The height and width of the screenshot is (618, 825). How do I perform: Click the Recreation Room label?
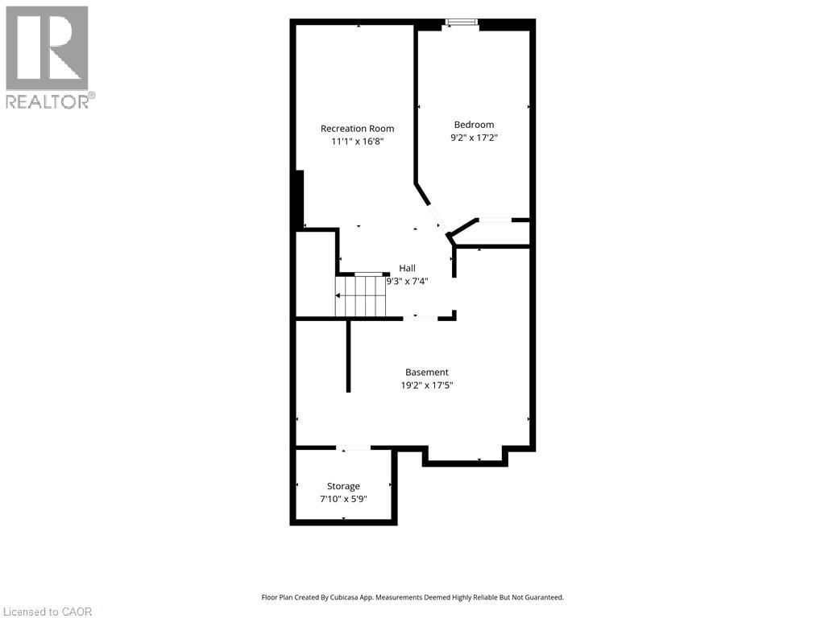[357, 128]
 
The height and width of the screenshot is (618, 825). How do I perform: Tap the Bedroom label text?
[474, 125]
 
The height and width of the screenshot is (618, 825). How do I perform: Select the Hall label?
[407, 268]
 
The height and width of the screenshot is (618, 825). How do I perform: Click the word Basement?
[427, 372]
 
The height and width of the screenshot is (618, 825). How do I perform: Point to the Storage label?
[343, 487]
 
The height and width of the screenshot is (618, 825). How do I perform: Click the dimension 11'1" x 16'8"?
[357, 142]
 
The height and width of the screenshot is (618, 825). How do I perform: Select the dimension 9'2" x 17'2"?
[474, 138]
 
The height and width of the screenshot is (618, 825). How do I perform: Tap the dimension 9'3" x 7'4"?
[407, 281]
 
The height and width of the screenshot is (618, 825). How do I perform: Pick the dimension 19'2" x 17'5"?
[427, 385]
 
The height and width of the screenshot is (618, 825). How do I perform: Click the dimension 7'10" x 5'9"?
[343, 499]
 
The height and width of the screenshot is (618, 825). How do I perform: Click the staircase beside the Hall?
[362, 296]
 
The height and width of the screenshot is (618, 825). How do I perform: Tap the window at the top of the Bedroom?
[462, 22]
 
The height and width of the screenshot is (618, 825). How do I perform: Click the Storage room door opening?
[353, 447]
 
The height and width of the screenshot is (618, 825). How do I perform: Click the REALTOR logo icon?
[47, 48]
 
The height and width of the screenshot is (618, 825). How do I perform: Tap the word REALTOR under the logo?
[48, 101]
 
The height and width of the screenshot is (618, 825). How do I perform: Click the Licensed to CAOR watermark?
[46, 612]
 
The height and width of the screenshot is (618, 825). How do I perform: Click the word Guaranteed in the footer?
[548, 598]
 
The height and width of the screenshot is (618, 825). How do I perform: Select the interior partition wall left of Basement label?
[348, 355]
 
